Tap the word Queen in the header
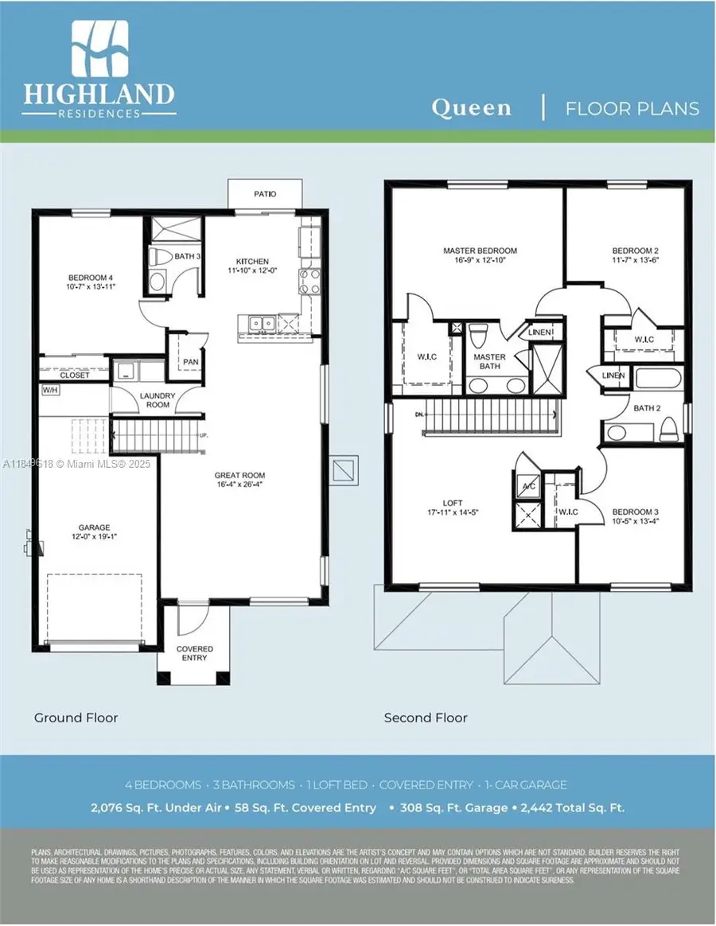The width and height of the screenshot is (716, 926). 471,108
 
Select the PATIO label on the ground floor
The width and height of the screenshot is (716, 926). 265,193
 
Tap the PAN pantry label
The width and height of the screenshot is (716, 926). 190,361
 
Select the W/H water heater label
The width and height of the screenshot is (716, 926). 50,391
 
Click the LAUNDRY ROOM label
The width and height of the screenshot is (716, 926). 158,399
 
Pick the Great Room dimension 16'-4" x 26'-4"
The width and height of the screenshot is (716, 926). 239,484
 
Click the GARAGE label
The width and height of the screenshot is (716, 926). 94,527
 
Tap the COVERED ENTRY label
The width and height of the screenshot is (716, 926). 194,653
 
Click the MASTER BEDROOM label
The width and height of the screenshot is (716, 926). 480,251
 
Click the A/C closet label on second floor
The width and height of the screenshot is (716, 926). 527,487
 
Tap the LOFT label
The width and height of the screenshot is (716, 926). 453,504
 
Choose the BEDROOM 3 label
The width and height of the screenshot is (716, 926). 635,512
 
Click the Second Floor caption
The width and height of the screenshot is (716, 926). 426,718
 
